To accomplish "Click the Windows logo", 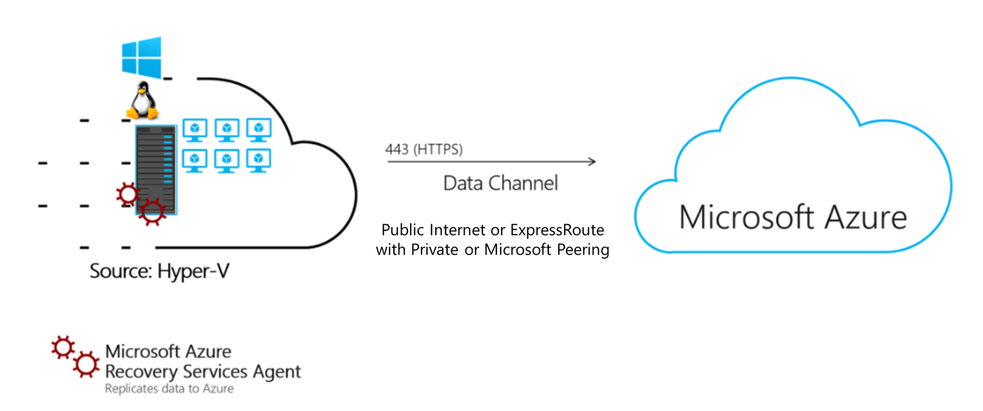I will (x=142, y=57).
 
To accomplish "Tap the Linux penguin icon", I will (x=143, y=101).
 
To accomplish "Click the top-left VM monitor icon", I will (x=195, y=130).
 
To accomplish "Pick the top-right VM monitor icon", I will (x=259, y=130).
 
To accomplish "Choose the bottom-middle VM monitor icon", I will (x=227, y=160).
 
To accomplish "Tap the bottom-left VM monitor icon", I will (x=195, y=160).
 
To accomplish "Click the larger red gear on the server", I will (x=152, y=212).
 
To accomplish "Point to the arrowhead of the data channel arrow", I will (x=592, y=161).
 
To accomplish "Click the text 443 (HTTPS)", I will (x=424, y=149).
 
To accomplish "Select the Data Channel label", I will (x=500, y=183).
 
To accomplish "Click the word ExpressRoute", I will (x=557, y=230).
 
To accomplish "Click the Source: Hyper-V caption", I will (x=159, y=271).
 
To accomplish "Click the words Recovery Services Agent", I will (x=202, y=371).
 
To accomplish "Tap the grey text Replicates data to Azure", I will (x=169, y=389).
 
